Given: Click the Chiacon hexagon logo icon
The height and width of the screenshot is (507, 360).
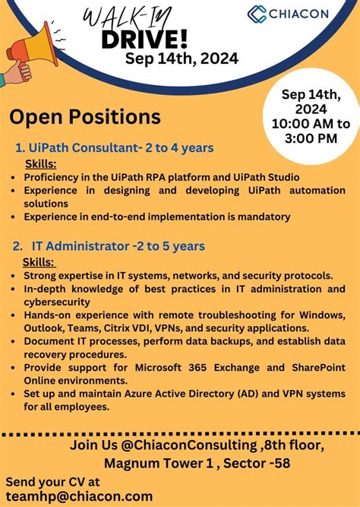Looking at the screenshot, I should (x=257, y=14).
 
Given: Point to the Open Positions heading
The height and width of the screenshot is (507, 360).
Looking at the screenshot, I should (x=85, y=117).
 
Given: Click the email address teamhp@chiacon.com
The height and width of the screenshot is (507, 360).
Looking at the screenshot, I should (x=79, y=496).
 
